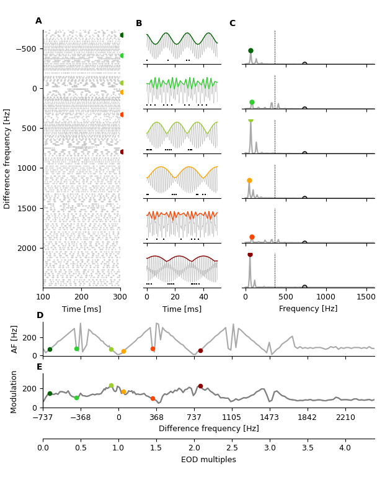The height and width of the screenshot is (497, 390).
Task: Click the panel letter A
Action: (38, 21)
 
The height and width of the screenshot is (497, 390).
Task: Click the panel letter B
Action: (139, 24)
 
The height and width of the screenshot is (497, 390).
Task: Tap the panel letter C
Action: (233, 24)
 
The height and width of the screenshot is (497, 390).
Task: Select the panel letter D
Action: (40, 316)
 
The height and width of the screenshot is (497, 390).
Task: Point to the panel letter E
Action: (40, 367)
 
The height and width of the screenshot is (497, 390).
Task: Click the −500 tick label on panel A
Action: (26, 48)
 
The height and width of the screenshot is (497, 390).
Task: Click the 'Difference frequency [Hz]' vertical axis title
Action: (7, 158)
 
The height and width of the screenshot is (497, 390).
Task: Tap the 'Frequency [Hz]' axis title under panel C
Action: (308, 309)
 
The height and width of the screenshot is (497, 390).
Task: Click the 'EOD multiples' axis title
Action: (208, 460)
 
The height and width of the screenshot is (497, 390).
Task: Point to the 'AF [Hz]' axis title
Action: (16, 339)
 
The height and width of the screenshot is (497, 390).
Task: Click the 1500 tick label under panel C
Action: (366, 297)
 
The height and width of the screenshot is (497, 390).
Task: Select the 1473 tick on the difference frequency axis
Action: (270, 418)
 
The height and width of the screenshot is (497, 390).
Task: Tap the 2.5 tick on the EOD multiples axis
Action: (232, 448)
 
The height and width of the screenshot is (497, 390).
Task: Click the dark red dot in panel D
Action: (200, 350)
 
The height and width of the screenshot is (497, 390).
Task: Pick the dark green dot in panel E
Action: (50, 393)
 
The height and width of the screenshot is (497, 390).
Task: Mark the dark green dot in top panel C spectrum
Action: (250, 50)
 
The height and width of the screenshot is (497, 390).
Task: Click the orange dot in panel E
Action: (123, 392)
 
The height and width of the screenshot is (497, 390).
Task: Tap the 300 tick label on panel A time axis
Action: (120, 297)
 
